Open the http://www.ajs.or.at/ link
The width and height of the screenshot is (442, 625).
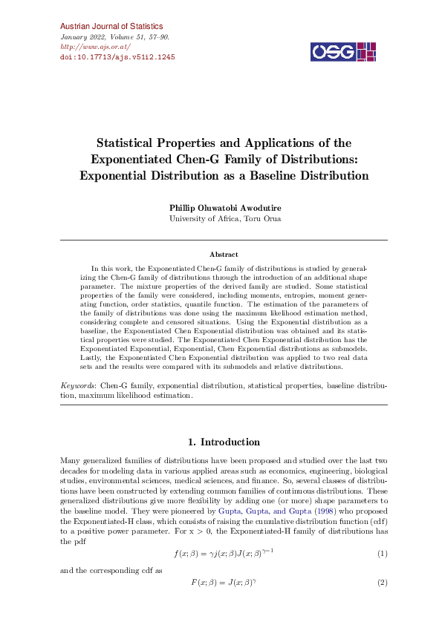88,46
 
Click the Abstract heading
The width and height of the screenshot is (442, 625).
224,255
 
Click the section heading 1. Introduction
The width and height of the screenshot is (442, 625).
224,442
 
